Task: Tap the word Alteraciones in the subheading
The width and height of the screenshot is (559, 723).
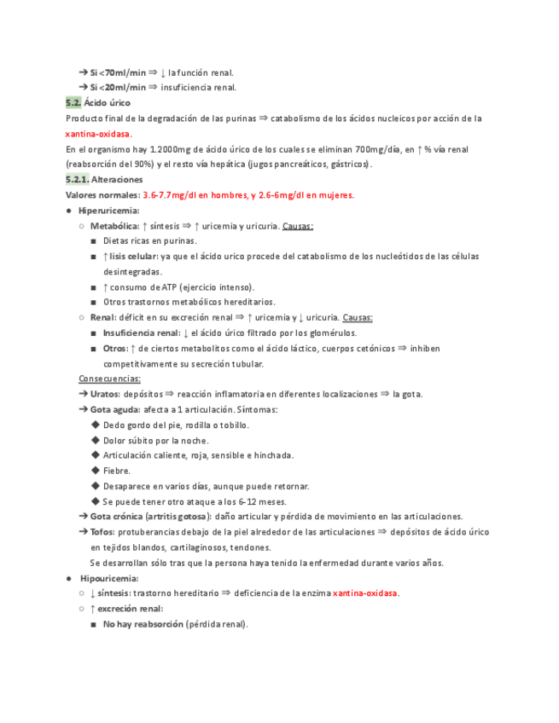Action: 118,180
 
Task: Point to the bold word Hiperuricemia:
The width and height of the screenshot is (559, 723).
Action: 108,211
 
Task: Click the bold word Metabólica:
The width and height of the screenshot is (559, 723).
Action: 116,226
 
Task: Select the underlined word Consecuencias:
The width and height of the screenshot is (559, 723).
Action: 110,379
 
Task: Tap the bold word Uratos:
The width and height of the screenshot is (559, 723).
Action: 105,394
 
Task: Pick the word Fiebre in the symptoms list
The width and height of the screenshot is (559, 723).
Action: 116,471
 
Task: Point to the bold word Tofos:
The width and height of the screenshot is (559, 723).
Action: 102,532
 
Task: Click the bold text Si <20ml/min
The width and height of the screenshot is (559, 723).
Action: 118,87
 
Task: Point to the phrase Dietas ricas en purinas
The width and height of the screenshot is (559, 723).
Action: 149,241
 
